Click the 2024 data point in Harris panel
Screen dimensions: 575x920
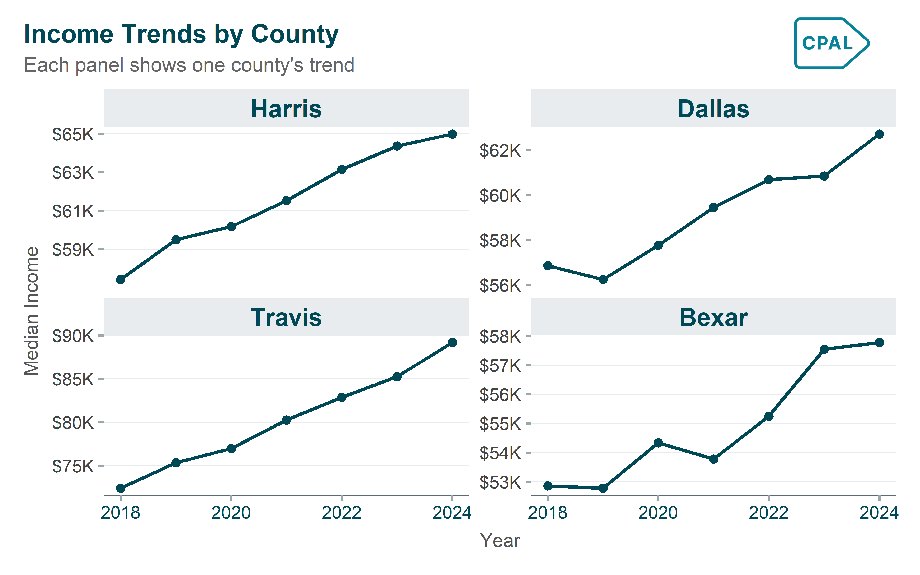click(x=452, y=134)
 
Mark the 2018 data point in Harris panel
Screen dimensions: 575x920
click(x=121, y=279)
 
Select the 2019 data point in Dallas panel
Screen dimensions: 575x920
click(x=603, y=279)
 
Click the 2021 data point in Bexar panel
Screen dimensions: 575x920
click(x=714, y=459)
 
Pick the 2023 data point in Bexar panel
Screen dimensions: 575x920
click(x=824, y=349)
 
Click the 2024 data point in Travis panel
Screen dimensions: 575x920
click(x=452, y=343)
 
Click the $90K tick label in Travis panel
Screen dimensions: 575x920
click(x=73, y=336)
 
